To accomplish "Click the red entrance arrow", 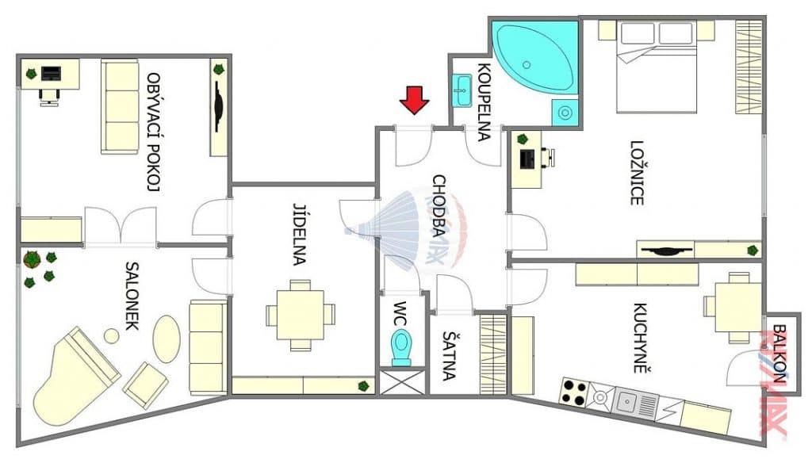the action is tap(414, 100).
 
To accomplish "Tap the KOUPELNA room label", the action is tap(484, 102).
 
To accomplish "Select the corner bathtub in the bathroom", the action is tap(534, 58).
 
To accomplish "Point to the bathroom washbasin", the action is tap(462, 90).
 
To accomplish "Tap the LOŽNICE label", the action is tap(637, 173).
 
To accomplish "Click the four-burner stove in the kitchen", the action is tap(574, 392).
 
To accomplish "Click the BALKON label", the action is tap(779, 353).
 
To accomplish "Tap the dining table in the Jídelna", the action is tap(301, 315).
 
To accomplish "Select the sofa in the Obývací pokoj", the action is tap(120, 107).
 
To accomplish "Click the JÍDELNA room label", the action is tap(300, 235).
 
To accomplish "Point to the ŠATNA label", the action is tap(449, 355).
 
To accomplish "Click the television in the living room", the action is tap(219, 107).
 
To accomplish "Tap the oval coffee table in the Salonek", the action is tap(167, 339).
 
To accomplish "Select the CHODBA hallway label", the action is tap(439, 205).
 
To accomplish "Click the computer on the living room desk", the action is tap(51, 74).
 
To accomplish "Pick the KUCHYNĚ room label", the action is tap(641, 339).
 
